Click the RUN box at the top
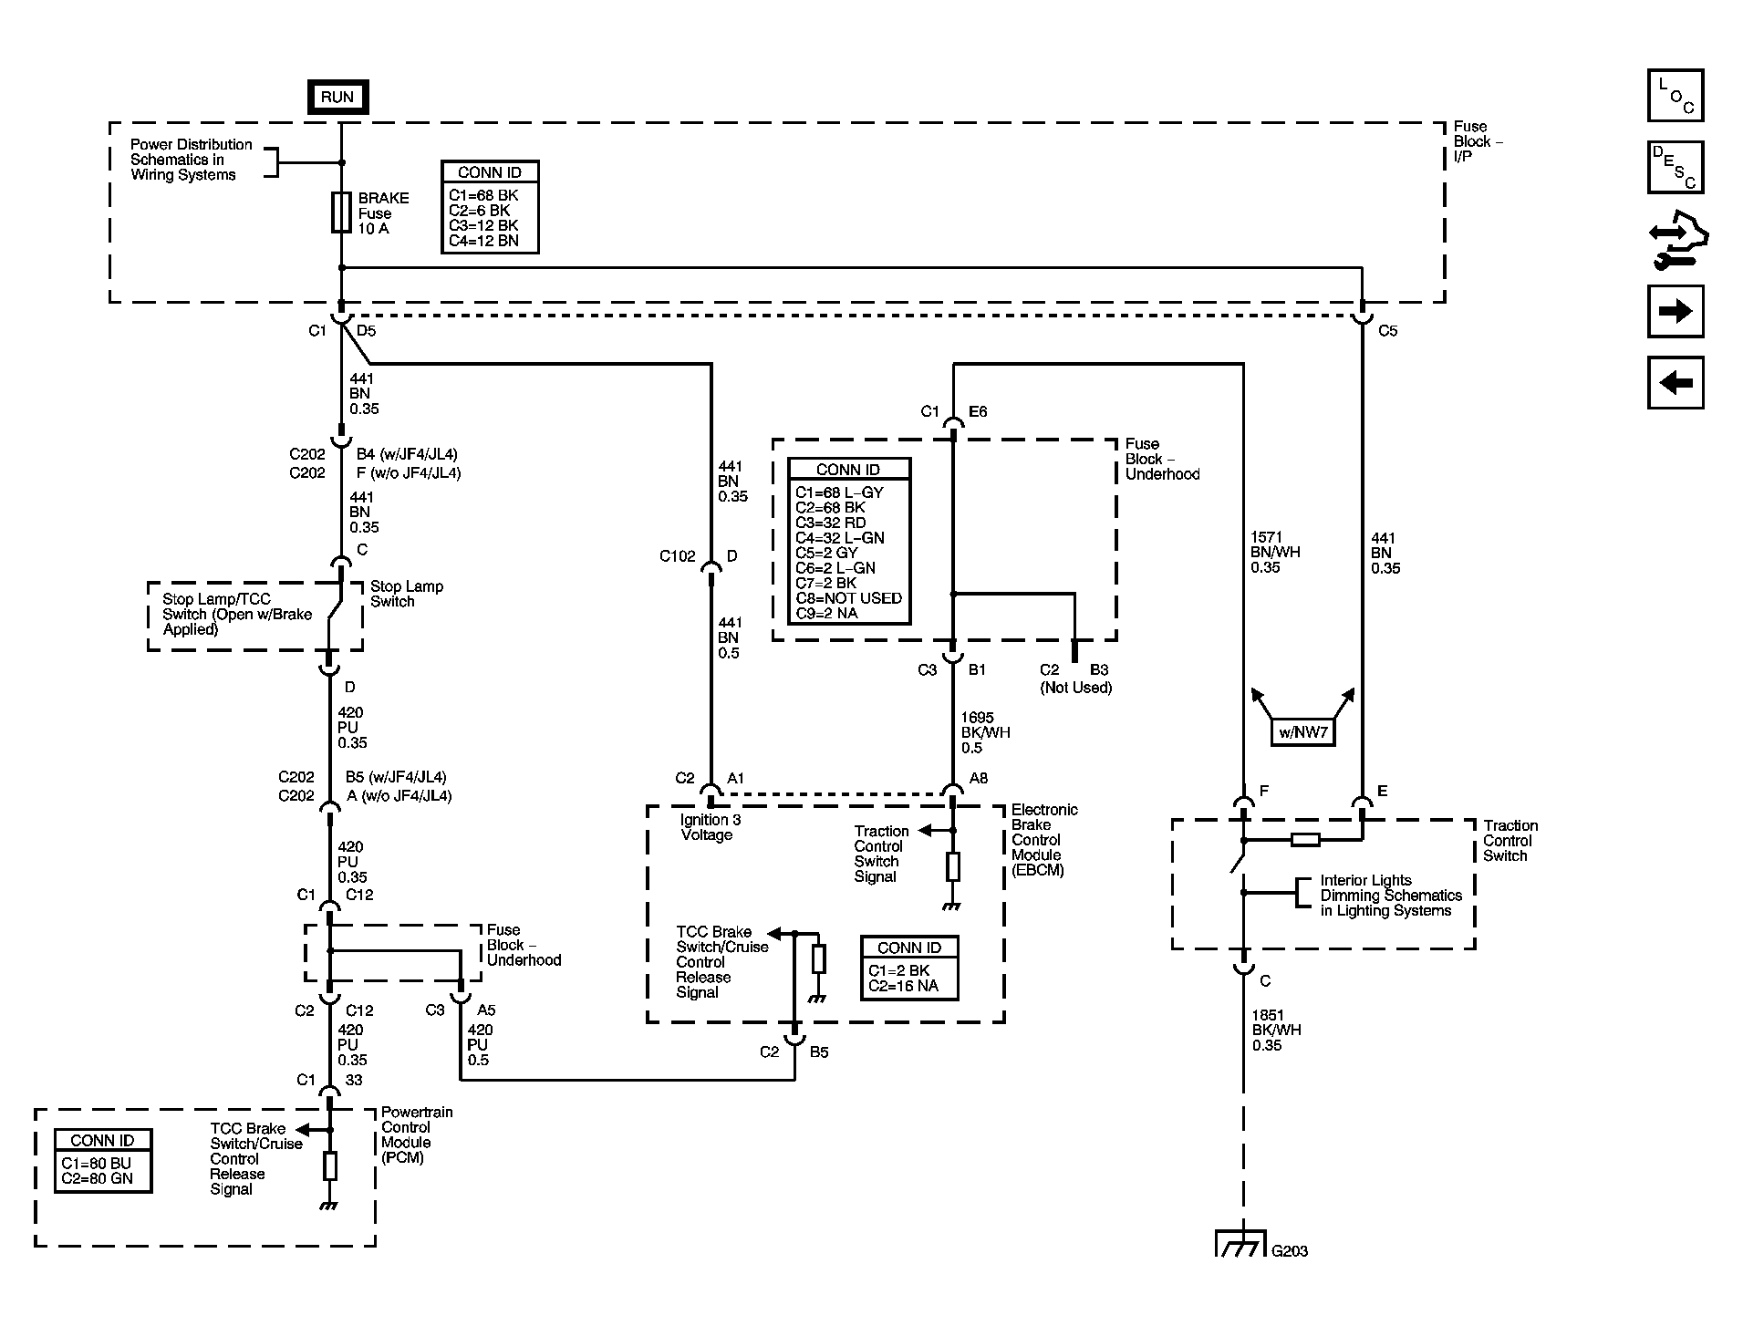click(x=337, y=97)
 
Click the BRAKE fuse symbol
click(x=341, y=212)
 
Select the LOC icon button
click(x=1676, y=96)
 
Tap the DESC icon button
click(x=1676, y=168)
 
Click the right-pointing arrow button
click(x=1676, y=312)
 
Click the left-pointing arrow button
click(x=1676, y=383)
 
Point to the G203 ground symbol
click(x=1241, y=1244)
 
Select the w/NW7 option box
click(x=1302, y=732)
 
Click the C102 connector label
click(x=677, y=556)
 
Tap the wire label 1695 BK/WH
click(x=985, y=732)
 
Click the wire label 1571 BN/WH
click(x=1275, y=552)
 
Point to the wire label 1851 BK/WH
click(x=1275, y=1030)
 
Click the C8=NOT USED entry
click(x=848, y=598)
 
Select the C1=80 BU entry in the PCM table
click(x=96, y=1164)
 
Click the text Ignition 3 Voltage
click(x=710, y=827)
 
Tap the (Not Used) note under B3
click(x=1075, y=688)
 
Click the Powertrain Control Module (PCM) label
click(x=416, y=1134)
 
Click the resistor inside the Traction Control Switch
click(x=1305, y=840)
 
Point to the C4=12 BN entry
click(x=483, y=241)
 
